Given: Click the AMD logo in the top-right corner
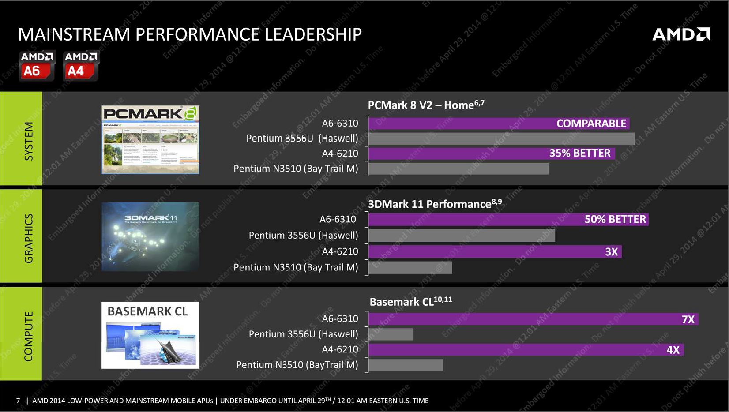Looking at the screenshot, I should (681, 34).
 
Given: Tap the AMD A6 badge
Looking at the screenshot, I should (37, 66).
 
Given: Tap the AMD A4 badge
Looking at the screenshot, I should (81, 66).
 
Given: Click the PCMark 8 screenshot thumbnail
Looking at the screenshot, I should (150, 139).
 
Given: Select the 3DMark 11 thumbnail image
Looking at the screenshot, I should (150, 236).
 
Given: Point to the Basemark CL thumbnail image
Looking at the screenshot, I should (150, 335).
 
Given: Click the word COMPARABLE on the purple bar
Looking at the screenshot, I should (591, 124).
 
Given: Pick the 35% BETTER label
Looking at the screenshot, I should (579, 153).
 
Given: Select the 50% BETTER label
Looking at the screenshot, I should (615, 219).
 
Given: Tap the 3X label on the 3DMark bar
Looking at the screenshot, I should (611, 252).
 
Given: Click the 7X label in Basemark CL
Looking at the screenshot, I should (688, 319).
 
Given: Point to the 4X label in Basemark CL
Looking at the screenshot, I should (673, 350).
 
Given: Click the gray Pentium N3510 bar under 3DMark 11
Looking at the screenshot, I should (410, 267).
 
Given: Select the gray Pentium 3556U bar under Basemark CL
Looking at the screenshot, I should (391, 334).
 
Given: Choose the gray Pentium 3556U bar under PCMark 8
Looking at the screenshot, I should (501, 139).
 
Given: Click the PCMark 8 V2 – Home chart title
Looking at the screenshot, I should (426, 105).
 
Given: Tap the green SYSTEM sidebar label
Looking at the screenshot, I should (28, 141).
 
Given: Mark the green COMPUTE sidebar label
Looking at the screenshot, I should (28, 336).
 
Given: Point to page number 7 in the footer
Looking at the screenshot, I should (18, 401).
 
